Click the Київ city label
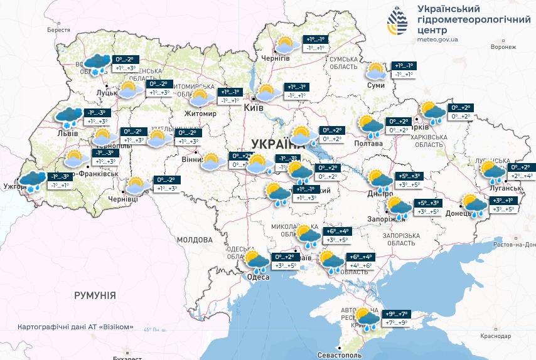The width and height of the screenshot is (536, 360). coord(254,109)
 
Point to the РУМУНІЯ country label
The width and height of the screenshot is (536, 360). coord(95,294)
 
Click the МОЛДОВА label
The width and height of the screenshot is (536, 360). coord(195,240)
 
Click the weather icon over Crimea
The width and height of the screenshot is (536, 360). coord(366,318)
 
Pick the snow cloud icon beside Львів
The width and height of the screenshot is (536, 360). coord(67,117)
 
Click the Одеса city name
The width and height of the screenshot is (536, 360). coord(258,277)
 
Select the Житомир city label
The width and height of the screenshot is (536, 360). coord(200,114)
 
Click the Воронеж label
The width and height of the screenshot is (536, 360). coord(503,47)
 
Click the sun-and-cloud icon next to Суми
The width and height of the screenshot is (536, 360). coord(375,71)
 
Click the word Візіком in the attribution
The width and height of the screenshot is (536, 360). coord(117,327)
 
